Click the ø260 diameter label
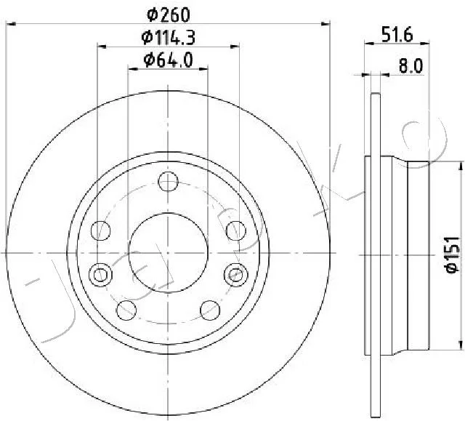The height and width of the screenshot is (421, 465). [168, 15]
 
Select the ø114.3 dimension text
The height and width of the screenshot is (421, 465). [168, 37]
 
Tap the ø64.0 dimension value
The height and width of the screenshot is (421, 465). [168, 60]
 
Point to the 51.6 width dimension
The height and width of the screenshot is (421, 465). [397, 34]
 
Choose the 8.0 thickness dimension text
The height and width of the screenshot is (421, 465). [411, 66]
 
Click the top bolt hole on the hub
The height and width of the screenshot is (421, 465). [168, 182]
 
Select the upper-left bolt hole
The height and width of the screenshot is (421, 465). [100, 230]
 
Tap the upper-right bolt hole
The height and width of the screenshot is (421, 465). [236, 230]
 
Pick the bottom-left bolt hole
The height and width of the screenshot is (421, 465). [126, 310]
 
